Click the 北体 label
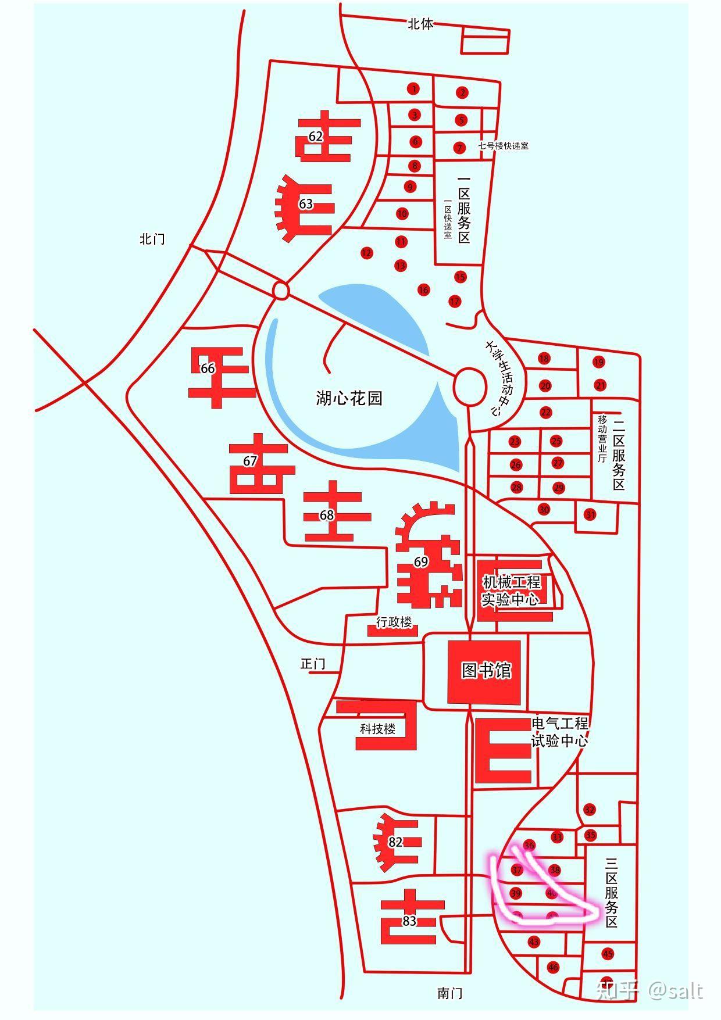[x=420, y=24]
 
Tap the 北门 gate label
[x=152, y=239]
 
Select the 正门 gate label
[x=313, y=664]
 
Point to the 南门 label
[x=449, y=993]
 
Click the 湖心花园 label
[x=349, y=398]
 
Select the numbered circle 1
[x=413, y=89]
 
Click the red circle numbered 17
[x=455, y=301]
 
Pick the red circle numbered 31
[x=591, y=514]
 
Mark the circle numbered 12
[x=366, y=253]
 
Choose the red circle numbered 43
[x=534, y=942]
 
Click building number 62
[x=316, y=137]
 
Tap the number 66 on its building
[x=208, y=368]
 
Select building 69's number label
[x=421, y=562]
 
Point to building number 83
[x=409, y=921]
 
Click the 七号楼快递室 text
[x=503, y=146]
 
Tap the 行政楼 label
[x=394, y=622]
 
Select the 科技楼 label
[x=377, y=729]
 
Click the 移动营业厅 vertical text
[x=602, y=438]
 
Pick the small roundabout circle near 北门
[x=280, y=289]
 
